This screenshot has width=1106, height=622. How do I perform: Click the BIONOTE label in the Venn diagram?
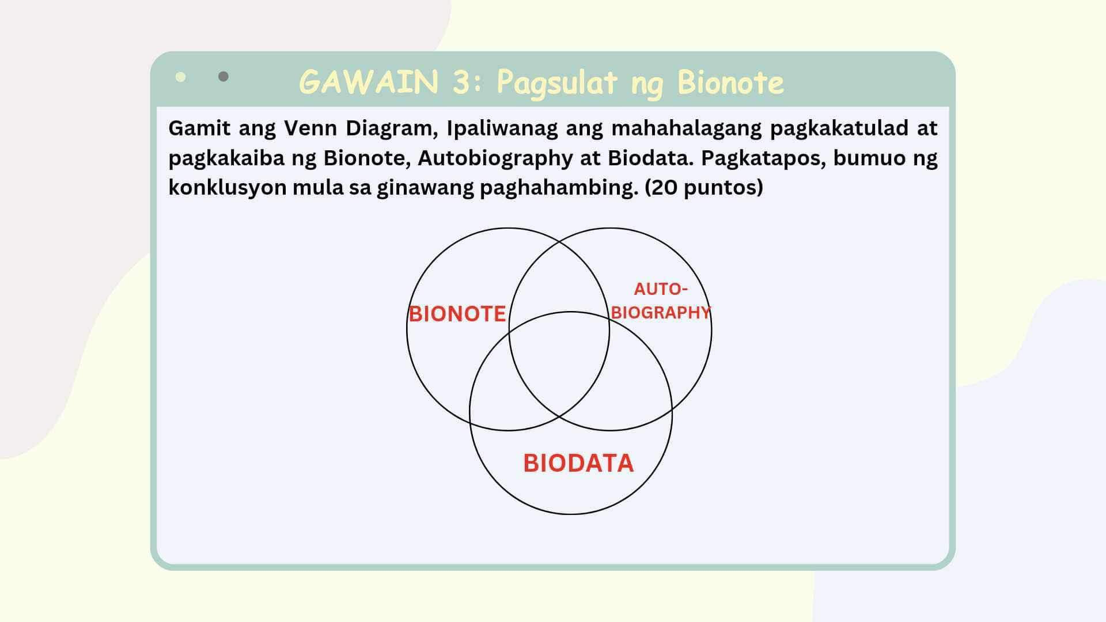point(457,314)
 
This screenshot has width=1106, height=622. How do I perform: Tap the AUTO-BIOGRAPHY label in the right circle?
point(661,301)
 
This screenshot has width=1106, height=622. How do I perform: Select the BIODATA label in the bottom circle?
point(578,464)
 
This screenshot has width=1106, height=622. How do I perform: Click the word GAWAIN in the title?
point(369,82)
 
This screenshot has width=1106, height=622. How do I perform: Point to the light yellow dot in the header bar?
point(181,77)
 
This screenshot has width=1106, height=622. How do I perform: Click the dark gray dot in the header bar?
point(224,77)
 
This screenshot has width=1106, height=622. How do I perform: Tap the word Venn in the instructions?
point(310,128)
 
